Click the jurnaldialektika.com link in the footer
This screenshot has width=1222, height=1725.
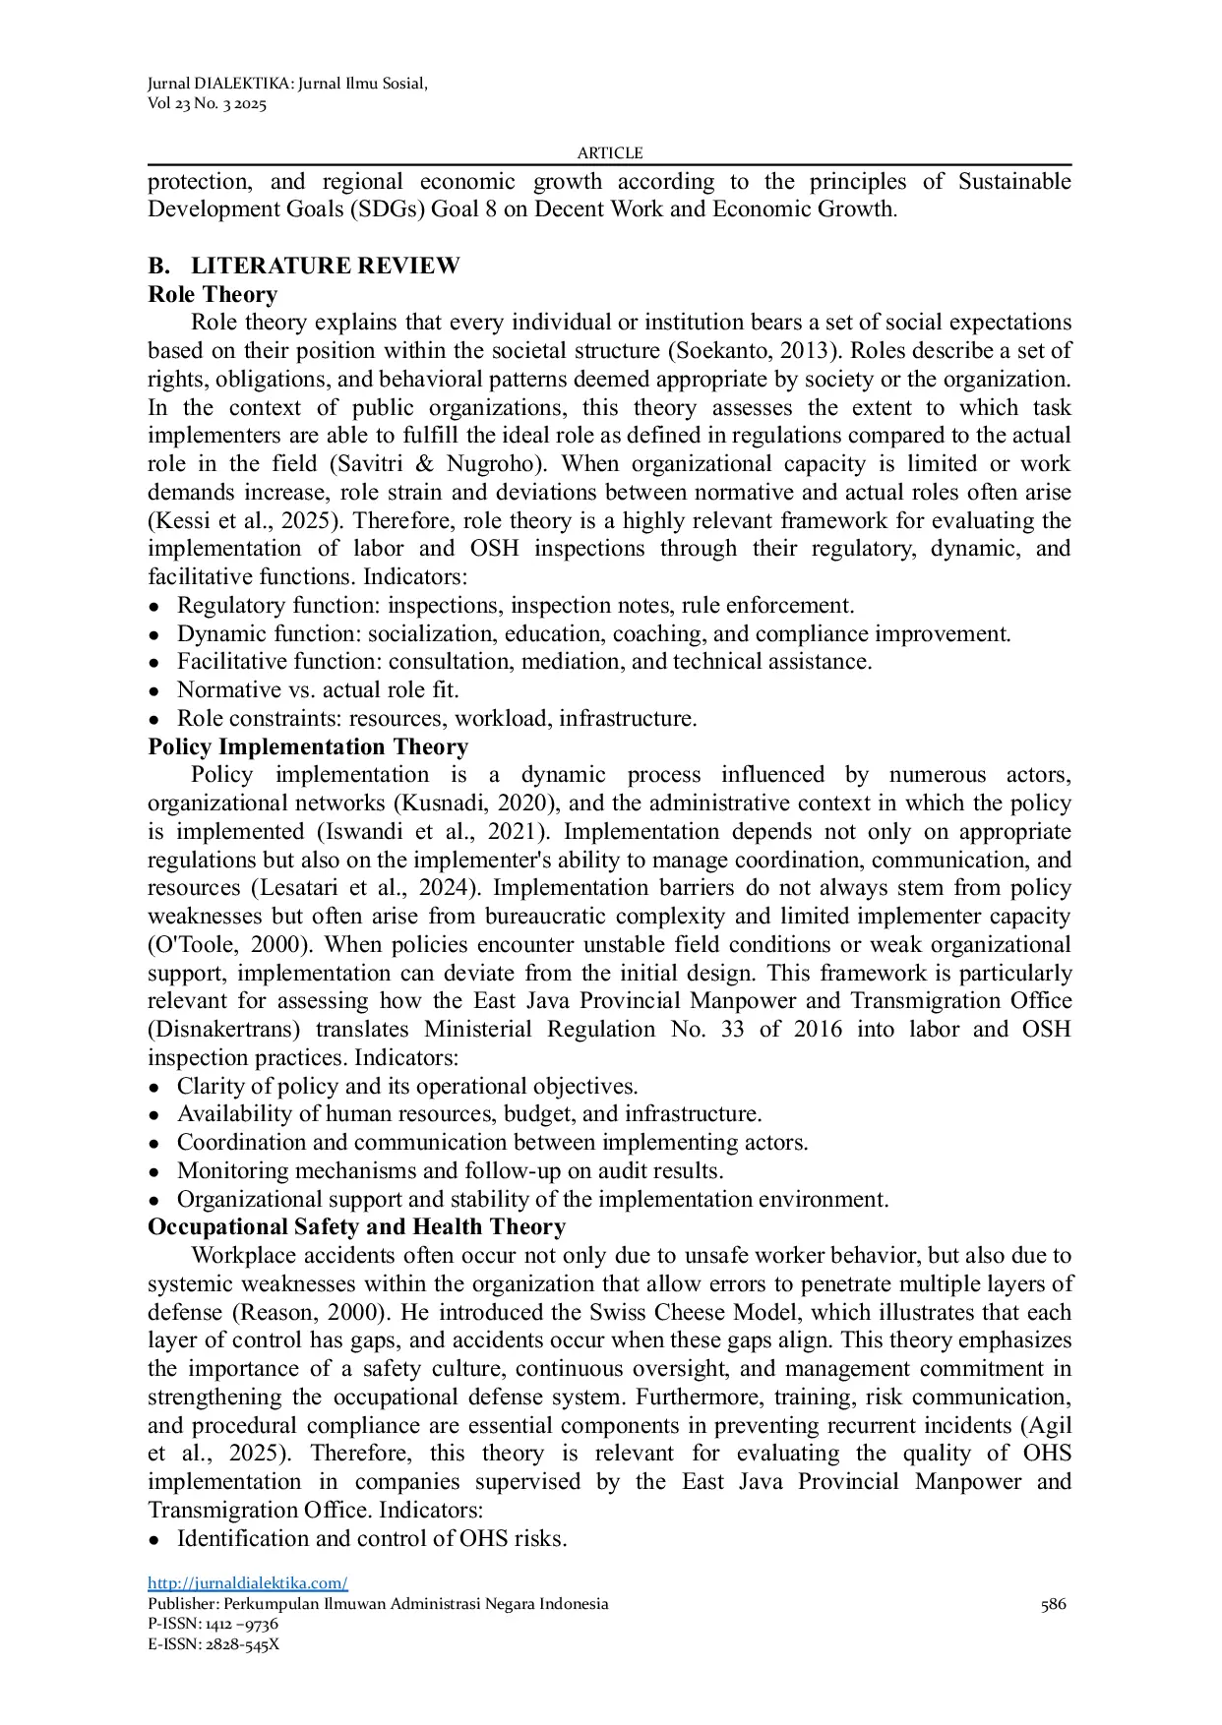pyautogui.click(x=247, y=1582)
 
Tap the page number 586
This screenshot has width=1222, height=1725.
pyautogui.click(x=1053, y=1604)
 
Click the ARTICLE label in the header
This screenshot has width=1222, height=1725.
pyautogui.click(x=610, y=152)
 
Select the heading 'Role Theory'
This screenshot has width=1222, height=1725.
pyautogui.click(x=213, y=294)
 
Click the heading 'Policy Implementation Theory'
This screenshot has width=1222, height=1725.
pyautogui.click(x=308, y=746)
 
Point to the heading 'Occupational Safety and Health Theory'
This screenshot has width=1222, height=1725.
pyautogui.click(x=356, y=1226)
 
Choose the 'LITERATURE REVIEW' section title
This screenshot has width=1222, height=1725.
pyautogui.click(x=325, y=266)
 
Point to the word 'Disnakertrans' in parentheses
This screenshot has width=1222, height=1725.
pyautogui.click(x=223, y=1030)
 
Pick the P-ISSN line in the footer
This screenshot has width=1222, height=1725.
pyautogui.click(x=213, y=1624)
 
